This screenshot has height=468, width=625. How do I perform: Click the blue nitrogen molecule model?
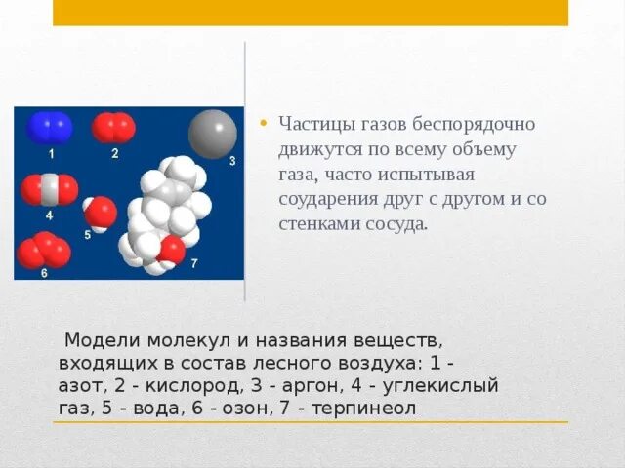click(50, 128)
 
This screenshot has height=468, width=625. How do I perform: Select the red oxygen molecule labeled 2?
click(113, 128)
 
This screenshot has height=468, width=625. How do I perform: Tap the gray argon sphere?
click(213, 135)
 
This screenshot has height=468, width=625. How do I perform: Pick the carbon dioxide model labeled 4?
click(50, 189)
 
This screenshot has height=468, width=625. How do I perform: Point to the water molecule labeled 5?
click(100, 214)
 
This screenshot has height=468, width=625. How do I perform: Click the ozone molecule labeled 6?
click(44, 251)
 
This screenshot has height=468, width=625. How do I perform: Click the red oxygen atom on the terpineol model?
click(172, 250)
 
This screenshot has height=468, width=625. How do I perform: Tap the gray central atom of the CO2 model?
click(50, 189)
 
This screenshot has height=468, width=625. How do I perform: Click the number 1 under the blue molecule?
click(51, 154)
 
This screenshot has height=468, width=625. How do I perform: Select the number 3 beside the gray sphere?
click(232, 161)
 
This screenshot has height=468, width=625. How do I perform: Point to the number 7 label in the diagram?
click(194, 263)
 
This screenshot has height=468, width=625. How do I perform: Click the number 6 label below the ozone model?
click(44, 273)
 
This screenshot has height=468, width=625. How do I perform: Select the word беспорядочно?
click(474, 124)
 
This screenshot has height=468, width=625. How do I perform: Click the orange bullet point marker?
click(263, 123)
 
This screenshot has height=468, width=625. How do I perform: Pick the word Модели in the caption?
click(103, 340)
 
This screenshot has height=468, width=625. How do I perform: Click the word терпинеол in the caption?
click(363, 409)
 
